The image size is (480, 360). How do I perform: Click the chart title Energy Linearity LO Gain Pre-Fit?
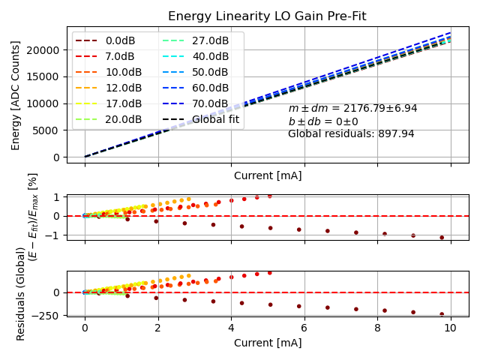point(268,16)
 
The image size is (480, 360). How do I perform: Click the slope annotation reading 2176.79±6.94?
point(352,109)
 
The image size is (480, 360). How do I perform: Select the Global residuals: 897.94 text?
point(351,134)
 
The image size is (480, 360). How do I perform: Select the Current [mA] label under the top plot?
point(268,175)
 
